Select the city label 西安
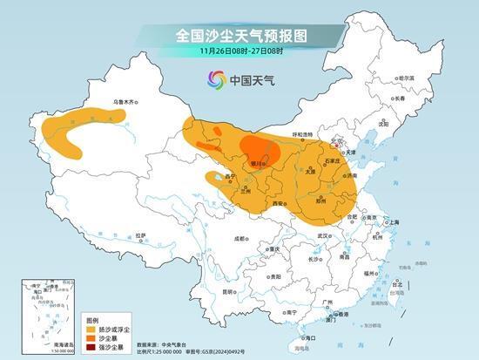coord(280,203)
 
